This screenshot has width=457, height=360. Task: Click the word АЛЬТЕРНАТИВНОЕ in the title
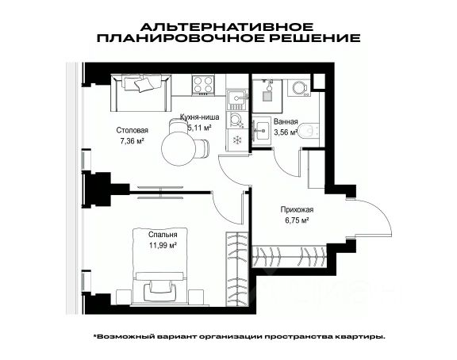tap(227, 27)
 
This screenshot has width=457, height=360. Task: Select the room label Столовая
tap(132, 130)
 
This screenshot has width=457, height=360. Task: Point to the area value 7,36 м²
tap(132, 141)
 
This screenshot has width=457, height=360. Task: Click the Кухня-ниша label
tap(199, 117)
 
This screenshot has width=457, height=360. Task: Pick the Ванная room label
tap(286, 121)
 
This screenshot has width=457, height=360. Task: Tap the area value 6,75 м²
tap(297, 220)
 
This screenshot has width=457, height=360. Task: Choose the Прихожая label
tap(297, 209)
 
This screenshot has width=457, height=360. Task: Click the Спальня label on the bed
tap(163, 235)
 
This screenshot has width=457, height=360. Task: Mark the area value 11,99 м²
tap(163, 245)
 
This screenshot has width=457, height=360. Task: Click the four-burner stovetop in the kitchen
tap(203, 85)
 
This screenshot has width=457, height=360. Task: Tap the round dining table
tap(177, 148)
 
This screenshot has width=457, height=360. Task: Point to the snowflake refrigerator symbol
tap(237, 140)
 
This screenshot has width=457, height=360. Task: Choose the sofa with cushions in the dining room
tap(140, 93)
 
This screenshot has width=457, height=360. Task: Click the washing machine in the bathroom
tap(299, 86)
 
